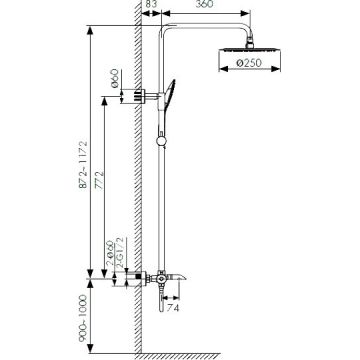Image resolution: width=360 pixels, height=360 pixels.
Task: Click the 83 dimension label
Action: tap(152, 3)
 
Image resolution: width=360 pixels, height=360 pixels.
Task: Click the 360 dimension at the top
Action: tap(204, 3)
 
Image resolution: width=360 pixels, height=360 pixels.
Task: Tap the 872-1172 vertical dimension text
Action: tap(83, 165)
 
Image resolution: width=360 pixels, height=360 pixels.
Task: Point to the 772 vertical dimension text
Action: tap(99, 180)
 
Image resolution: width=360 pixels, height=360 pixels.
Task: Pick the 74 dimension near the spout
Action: tap(172, 308)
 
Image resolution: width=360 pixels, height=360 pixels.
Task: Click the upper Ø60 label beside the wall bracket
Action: tap(114, 78)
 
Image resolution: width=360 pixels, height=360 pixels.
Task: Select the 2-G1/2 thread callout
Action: tap(120, 253)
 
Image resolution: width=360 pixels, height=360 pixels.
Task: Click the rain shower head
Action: tap(249, 51)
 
